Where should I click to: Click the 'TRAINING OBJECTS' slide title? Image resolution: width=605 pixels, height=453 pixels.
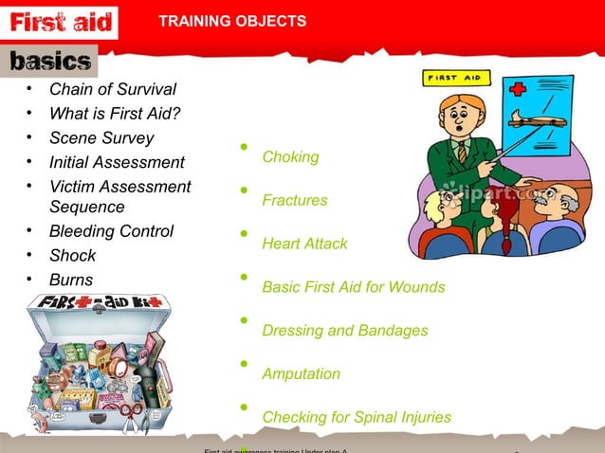231,21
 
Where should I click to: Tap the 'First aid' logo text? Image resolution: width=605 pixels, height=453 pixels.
61,22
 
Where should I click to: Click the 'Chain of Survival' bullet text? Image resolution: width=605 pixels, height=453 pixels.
112,90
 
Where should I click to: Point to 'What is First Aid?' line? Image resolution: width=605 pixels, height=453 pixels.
115,115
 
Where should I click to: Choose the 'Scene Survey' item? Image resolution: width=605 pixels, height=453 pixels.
101,138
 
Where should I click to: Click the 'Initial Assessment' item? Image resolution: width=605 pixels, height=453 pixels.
117,163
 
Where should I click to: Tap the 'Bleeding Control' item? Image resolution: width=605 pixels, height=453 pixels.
111,231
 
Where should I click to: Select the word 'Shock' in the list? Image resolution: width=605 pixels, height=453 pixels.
72,256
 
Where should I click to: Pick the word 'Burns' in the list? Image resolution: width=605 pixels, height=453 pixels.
71,281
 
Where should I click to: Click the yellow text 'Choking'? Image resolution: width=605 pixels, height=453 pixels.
290,156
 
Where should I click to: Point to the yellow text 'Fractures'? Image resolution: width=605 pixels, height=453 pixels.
294,201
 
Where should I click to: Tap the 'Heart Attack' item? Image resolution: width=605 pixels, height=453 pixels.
304,244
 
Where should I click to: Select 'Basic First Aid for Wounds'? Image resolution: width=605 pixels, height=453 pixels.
353,287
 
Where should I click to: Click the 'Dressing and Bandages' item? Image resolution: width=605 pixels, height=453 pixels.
344,331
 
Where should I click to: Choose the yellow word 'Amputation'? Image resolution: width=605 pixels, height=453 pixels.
301,374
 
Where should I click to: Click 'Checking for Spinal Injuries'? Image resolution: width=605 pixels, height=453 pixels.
356,417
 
